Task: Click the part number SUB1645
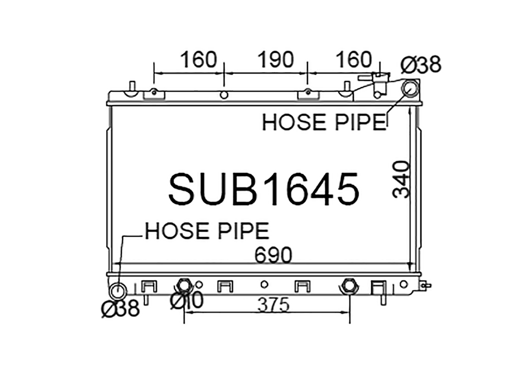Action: point(263,189)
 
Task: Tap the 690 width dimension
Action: point(273,255)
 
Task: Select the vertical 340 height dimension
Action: point(401,179)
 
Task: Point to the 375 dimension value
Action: point(273,305)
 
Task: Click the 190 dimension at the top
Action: point(275,59)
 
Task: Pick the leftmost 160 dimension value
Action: point(199,59)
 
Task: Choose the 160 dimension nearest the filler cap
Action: point(354,59)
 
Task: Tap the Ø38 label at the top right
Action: point(421,64)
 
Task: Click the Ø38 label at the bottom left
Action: point(121,308)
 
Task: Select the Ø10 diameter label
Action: point(187,300)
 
